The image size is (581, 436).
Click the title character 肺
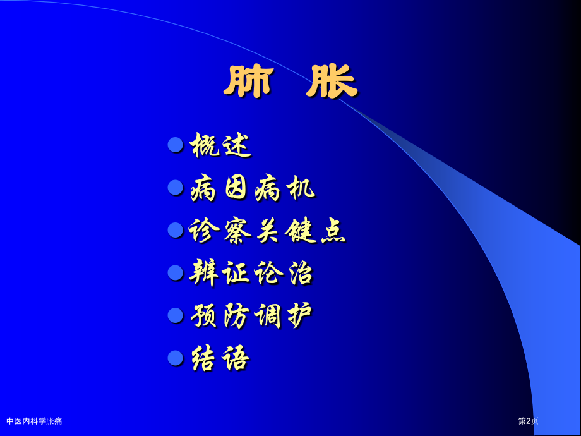pyautogui.click(x=248, y=82)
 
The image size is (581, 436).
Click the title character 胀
pyautogui.click(x=332, y=82)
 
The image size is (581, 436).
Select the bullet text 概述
pyautogui.click(x=220, y=145)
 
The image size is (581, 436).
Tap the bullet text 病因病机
pyautogui.click(x=253, y=188)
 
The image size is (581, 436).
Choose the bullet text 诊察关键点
pyautogui.click(x=268, y=231)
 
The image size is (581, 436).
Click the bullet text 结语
pyautogui.click(x=220, y=358)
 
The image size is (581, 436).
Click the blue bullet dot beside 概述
pyautogui.click(x=176, y=145)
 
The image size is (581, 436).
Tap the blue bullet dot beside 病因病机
pyautogui.click(x=176, y=187)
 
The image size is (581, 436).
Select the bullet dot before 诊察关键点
pyautogui.click(x=176, y=230)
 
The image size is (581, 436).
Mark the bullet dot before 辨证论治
pyautogui.click(x=176, y=272)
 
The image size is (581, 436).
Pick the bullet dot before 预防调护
pyautogui.click(x=176, y=315)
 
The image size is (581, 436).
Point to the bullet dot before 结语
pyautogui.click(x=176, y=358)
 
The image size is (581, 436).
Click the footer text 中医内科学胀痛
pyautogui.click(x=34, y=421)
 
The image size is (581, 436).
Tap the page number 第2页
pyautogui.click(x=528, y=421)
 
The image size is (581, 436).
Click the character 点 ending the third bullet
pyautogui.click(x=333, y=231)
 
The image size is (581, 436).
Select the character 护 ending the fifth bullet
pyautogui.click(x=300, y=315)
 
